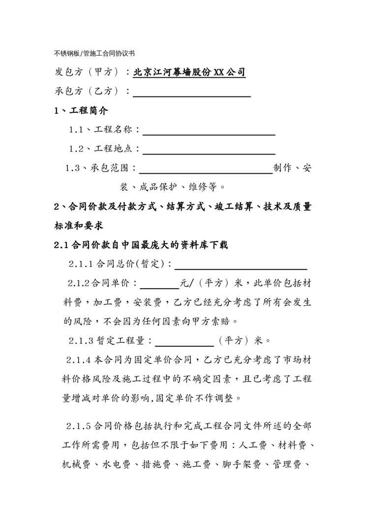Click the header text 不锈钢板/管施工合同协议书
tap(94, 53)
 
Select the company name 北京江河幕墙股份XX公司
tap(189, 72)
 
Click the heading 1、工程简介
tap(81, 111)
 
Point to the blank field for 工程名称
tap(209, 130)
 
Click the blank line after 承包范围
tap(206, 169)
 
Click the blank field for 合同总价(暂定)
tap(241, 264)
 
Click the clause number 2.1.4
tap(78, 360)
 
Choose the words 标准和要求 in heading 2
tap(78, 226)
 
